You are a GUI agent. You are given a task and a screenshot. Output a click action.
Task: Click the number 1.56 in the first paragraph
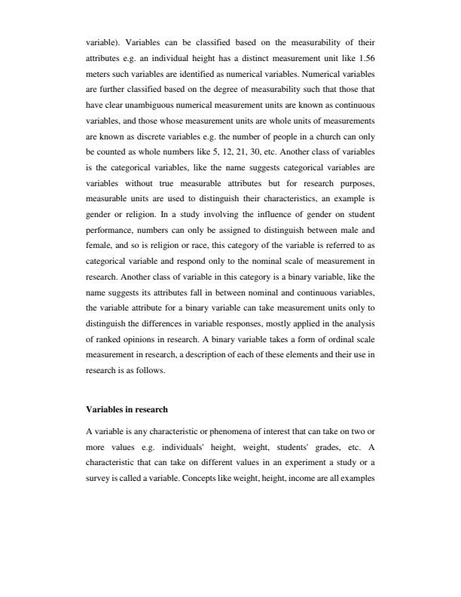pyautogui.click(x=365, y=58)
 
